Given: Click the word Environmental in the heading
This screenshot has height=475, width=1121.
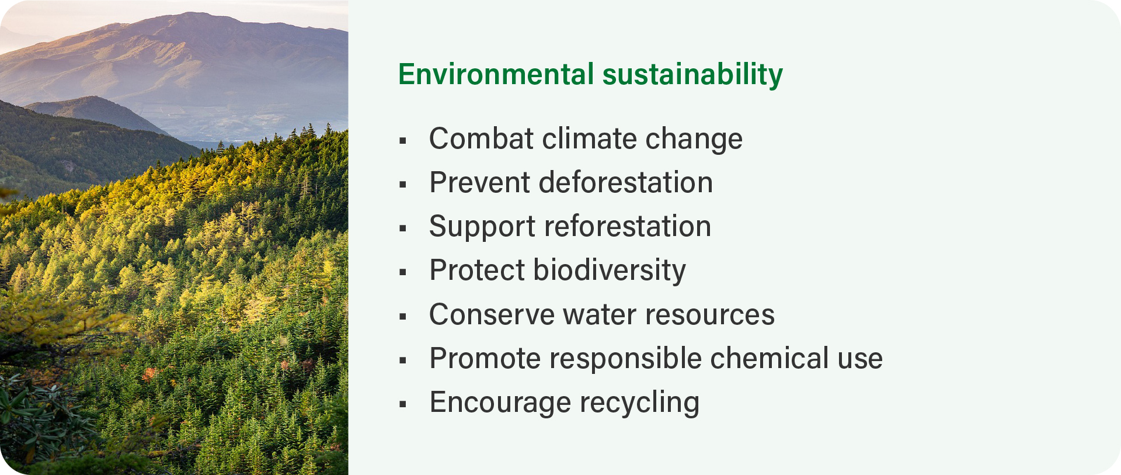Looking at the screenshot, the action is [496, 74].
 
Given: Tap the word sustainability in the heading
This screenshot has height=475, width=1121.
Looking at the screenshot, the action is [692, 75].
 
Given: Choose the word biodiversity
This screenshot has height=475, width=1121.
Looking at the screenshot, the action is [610, 271].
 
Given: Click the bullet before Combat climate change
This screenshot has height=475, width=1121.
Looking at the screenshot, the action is [403, 140].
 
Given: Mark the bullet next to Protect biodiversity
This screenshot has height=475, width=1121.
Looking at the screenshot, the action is [403, 272].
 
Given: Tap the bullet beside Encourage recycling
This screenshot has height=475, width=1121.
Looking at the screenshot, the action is [403, 404].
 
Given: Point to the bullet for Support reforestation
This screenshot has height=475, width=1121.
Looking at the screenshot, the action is [403, 228].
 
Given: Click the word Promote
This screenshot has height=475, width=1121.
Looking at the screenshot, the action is [485, 359].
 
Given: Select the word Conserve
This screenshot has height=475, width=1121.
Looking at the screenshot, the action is [492, 315].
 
